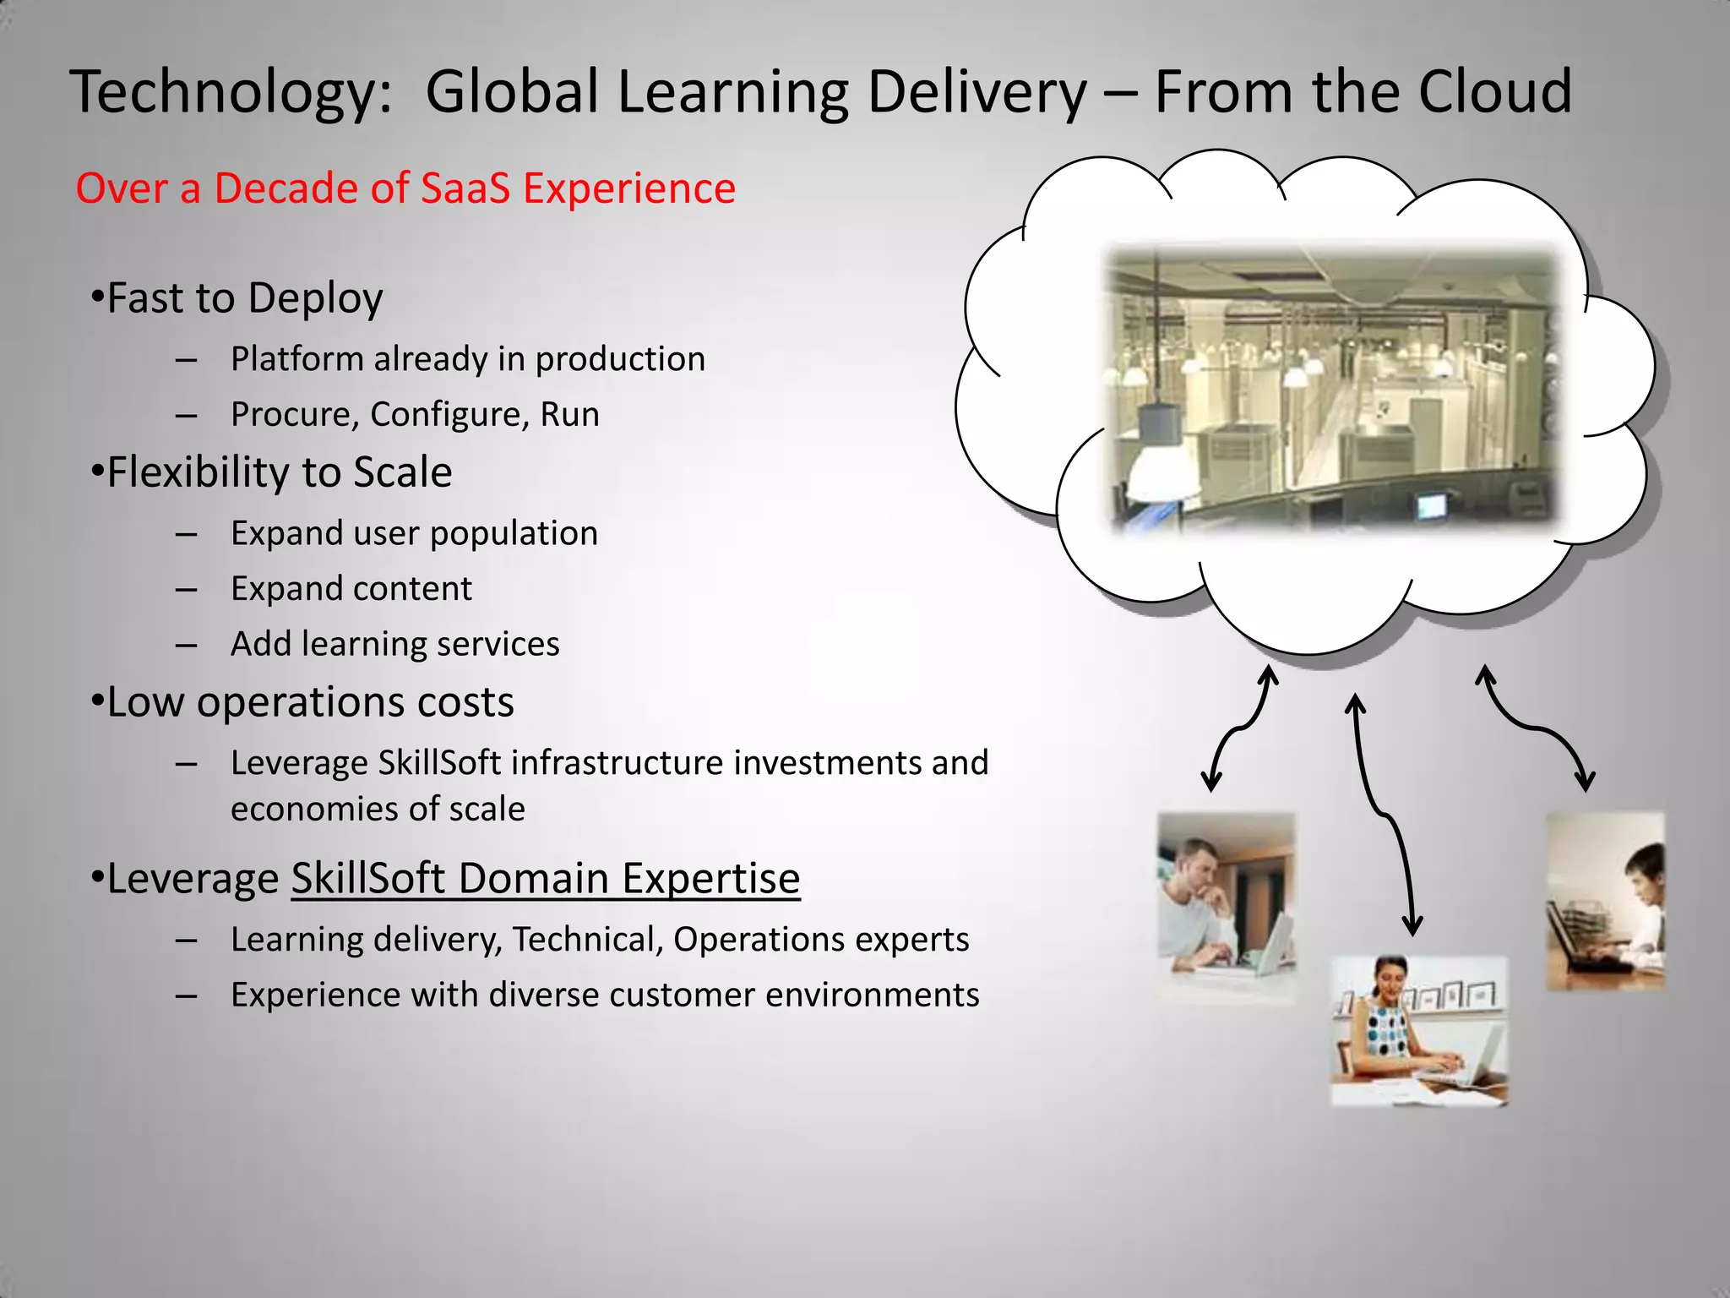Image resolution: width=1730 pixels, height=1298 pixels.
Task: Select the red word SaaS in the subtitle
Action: tap(465, 188)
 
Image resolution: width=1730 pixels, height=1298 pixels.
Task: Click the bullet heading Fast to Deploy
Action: tap(244, 298)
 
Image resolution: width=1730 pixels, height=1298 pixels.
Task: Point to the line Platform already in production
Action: tap(467, 359)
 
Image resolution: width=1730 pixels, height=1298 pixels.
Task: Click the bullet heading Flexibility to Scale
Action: tap(279, 472)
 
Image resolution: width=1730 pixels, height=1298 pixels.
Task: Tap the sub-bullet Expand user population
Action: tap(414, 533)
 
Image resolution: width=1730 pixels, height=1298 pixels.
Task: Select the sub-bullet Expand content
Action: tap(351, 589)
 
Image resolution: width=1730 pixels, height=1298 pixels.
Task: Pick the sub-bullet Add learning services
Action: tap(394, 644)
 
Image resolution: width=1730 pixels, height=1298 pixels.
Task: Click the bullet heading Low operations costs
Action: tap(310, 702)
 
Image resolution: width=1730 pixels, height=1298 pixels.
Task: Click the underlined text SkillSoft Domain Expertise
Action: tap(546, 878)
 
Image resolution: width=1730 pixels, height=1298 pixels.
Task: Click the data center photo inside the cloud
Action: tap(1333, 389)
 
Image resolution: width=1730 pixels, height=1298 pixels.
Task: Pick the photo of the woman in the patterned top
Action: tap(1418, 1031)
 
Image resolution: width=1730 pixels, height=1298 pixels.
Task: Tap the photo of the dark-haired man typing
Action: tap(1605, 901)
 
